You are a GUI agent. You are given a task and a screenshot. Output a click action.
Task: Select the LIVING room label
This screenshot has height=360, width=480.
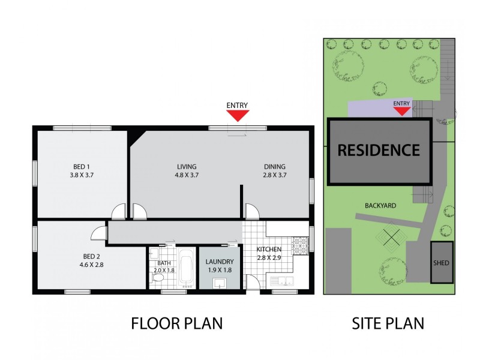(x=187, y=166)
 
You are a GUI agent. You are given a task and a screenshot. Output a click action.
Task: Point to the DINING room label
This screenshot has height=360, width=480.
(x=275, y=166)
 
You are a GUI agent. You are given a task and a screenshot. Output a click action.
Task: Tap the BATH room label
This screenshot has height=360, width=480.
(x=164, y=263)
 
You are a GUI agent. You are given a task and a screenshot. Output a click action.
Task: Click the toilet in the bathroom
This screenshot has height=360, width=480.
(x=157, y=278)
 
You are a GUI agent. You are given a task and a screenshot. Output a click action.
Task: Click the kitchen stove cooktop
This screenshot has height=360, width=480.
(x=299, y=245)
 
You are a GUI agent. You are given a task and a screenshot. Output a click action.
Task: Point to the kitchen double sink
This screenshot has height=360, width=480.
(x=281, y=281)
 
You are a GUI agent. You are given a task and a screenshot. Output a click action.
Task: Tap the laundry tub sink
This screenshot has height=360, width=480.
(x=218, y=283)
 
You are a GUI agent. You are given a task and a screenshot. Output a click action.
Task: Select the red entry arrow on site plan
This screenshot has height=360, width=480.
(x=401, y=111)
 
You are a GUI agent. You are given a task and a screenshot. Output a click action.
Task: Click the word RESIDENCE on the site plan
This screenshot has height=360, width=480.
(x=379, y=150)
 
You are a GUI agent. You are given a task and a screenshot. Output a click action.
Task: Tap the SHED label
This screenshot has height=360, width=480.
(x=441, y=263)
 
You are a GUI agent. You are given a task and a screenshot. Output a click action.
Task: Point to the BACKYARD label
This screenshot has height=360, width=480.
(x=380, y=205)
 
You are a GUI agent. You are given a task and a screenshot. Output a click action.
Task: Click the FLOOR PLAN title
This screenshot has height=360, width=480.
(x=177, y=323)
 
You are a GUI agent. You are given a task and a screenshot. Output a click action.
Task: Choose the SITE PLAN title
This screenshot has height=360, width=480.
(x=388, y=323)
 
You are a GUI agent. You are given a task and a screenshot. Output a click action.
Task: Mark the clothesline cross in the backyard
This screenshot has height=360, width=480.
(x=391, y=238)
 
